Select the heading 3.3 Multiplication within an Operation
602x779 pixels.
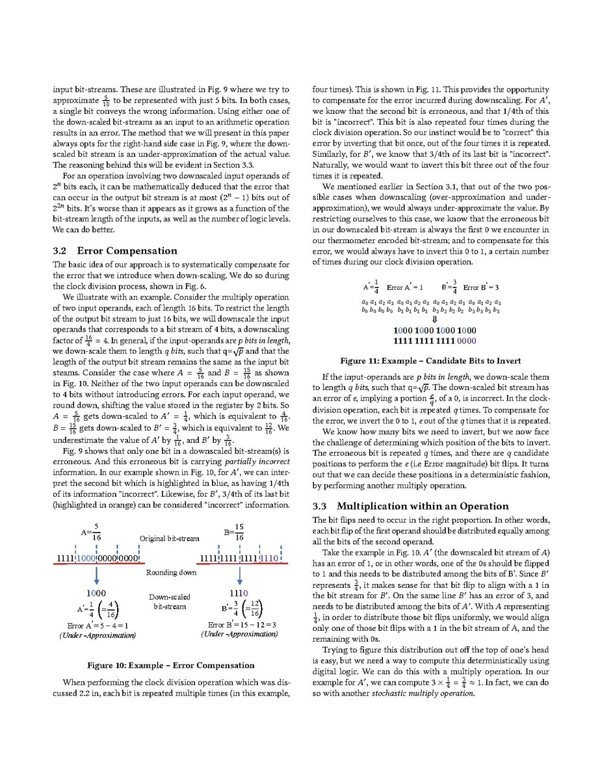coord(410,506)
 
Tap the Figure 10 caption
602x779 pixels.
coord(171,665)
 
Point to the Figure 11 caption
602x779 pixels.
coord(430,361)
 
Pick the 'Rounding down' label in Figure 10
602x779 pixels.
coord(171,572)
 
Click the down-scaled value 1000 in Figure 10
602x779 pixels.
coord(96,594)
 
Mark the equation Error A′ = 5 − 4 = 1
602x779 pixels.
coord(97,626)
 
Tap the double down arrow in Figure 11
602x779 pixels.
coord(435,320)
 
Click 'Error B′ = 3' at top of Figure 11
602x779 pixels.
coord(480,287)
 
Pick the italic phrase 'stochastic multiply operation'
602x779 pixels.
coord(423,693)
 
